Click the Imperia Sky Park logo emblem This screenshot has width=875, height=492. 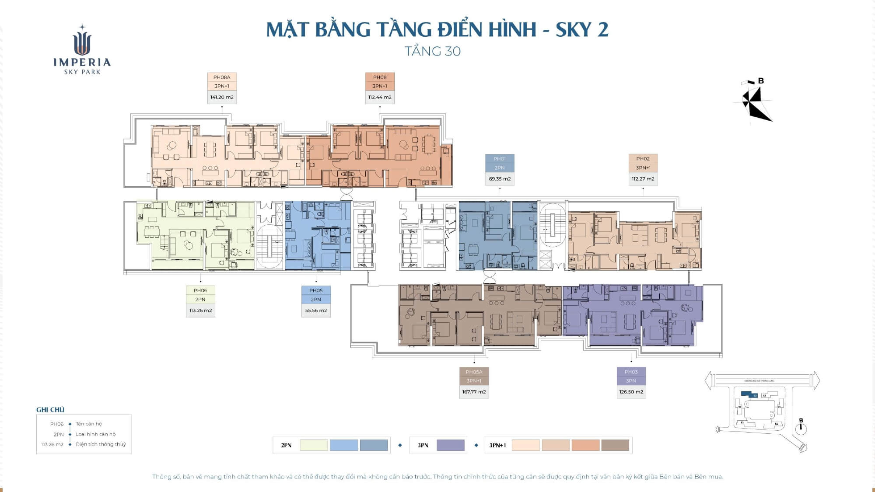click(x=82, y=42)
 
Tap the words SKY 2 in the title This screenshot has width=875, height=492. click(x=582, y=30)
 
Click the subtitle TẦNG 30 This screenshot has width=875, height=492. click(x=433, y=51)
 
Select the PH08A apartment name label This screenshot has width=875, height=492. click(x=222, y=77)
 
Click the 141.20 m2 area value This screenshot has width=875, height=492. click(x=222, y=97)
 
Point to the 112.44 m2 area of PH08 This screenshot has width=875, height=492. click(x=380, y=97)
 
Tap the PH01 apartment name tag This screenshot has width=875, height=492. click(x=500, y=159)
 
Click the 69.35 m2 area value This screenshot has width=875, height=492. click(x=500, y=179)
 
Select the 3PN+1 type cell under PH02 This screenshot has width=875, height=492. click(x=643, y=168)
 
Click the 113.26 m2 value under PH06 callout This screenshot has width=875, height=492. click(x=200, y=311)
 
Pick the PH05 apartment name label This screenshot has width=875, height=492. click(x=316, y=290)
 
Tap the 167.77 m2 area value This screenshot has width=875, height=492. click(x=474, y=392)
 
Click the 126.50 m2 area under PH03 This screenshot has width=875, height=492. click(x=631, y=392)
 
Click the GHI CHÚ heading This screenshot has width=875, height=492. click(x=50, y=410)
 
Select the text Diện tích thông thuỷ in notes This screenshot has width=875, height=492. click(x=101, y=444)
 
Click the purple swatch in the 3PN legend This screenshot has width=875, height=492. click(x=451, y=445)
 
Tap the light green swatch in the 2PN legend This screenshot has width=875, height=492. click(x=314, y=445)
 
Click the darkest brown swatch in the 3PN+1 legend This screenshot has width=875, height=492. click(x=615, y=445)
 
